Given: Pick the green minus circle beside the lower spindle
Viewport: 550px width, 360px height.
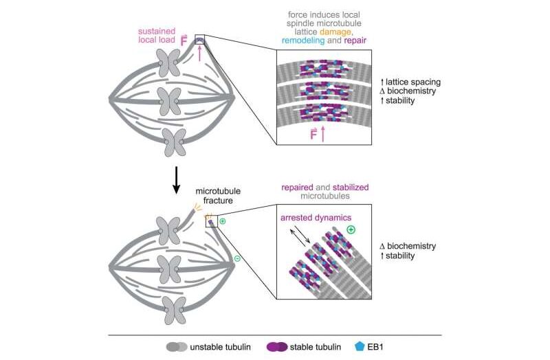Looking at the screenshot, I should [x=237, y=258].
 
